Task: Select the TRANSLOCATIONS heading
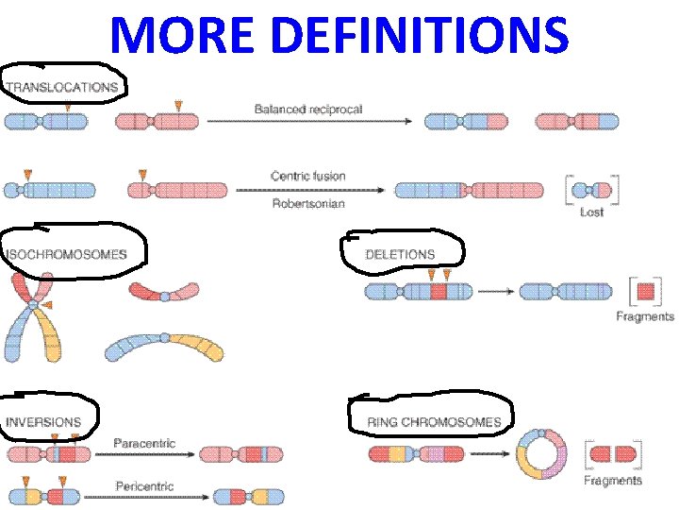click(63, 87)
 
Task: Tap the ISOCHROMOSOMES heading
click(66, 254)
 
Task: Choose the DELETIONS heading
click(401, 254)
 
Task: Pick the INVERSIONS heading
click(44, 422)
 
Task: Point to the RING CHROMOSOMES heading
click(434, 422)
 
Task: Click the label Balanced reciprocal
click(308, 110)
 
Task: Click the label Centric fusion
click(308, 176)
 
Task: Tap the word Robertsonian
click(308, 203)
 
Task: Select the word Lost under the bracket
click(591, 212)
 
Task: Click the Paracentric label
click(144, 443)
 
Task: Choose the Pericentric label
click(144, 486)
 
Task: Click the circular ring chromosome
click(541, 455)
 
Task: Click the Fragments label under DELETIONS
click(645, 317)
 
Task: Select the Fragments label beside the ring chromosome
click(613, 481)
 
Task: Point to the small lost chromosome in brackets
click(592, 190)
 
